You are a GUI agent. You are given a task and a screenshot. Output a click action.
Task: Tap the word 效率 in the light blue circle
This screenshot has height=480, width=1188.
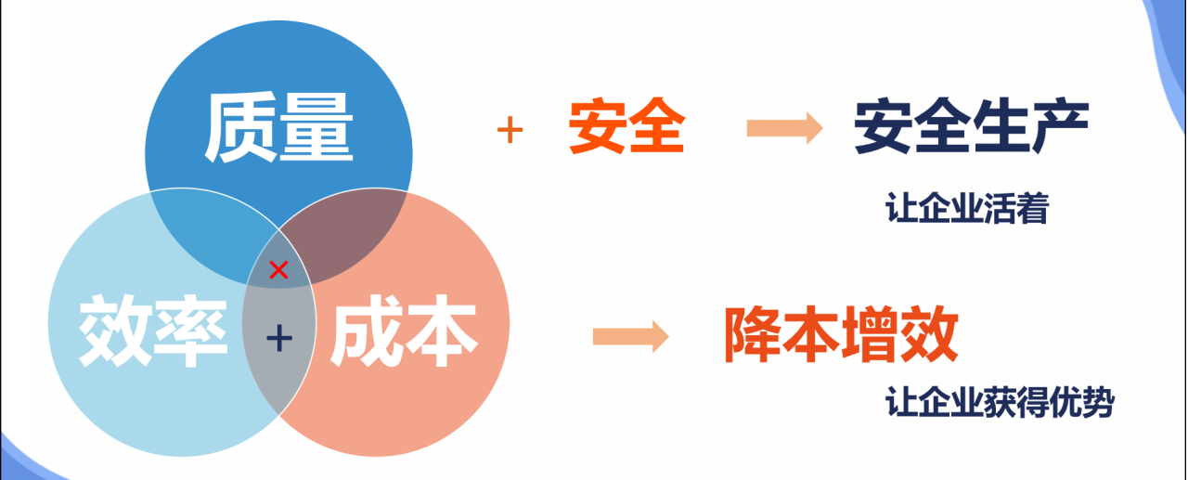152,331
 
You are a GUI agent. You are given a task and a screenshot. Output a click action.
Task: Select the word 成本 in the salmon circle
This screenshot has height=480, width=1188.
404,331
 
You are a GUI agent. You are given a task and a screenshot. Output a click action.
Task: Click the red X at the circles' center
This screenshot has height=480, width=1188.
278,270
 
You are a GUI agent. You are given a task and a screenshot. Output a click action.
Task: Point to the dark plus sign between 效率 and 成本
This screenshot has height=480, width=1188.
278,339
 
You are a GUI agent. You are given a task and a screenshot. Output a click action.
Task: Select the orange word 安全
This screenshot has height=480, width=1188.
626,129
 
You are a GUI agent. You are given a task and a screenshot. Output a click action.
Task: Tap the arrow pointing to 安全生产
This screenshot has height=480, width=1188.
784,128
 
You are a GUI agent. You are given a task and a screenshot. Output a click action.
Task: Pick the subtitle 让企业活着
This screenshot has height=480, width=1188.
966,209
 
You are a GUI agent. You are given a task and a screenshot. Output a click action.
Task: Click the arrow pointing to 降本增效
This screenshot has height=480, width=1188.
630,336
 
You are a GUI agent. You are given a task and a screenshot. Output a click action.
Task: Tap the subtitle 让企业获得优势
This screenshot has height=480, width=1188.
999,403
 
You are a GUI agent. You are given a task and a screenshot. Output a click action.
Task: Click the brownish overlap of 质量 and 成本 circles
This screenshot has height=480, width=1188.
357,237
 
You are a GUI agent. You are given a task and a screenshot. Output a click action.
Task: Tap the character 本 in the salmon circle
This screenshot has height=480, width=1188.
442,331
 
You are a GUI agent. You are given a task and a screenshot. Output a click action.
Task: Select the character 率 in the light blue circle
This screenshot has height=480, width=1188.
190,331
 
